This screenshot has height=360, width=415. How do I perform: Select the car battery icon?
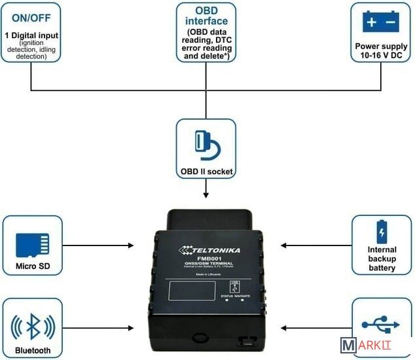pyautogui.click(x=380, y=22)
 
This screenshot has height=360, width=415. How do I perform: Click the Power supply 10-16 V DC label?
pyautogui.click(x=381, y=51)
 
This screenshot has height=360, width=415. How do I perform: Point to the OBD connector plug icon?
pyautogui.click(x=206, y=145)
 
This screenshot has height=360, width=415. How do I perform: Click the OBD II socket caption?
pyautogui.click(x=206, y=172)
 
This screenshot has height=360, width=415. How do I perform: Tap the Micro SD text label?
pyautogui.click(x=33, y=267)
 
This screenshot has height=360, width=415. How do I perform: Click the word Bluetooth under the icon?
pyautogui.click(x=33, y=350)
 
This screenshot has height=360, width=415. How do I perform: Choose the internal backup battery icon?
pyautogui.click(x=381, y=232)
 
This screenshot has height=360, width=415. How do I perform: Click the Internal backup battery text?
pyautogui.click(x=382, y=259)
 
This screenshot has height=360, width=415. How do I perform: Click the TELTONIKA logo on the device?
pyautogui.click(x=210, y=249)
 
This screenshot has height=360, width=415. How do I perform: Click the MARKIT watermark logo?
pyautogui.click(x=374, y=346)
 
